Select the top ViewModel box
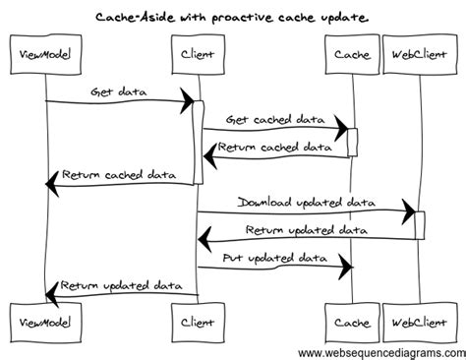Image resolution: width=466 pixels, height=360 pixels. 43,52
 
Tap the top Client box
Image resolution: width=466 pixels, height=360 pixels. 198,52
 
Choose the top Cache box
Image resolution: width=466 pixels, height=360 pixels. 351,52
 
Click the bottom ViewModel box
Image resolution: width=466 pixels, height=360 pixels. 43,322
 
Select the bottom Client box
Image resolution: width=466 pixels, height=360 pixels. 198,322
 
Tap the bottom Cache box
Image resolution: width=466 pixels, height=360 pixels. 351,322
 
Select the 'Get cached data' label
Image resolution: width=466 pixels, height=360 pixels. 275,119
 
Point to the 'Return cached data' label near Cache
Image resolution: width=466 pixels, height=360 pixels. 275,147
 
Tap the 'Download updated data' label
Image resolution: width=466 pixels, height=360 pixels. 307,202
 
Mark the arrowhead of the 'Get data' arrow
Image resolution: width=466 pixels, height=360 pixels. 186,101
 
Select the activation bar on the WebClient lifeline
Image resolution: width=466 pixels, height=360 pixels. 420,225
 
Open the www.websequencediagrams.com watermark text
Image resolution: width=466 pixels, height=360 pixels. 380,352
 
